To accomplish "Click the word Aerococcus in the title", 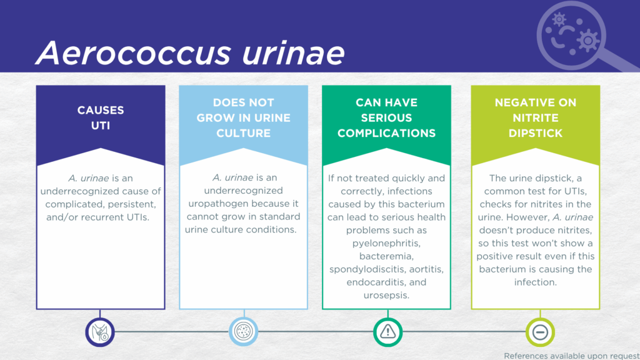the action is [134, 52].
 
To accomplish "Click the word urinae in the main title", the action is [294, 52].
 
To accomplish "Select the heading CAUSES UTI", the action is [101, 117].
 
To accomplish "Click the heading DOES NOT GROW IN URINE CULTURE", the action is [244, 117].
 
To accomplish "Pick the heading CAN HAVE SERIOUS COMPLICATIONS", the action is [386, 117].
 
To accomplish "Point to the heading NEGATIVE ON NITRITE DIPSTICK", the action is [536, 117].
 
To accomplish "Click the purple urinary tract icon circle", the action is [100, 332].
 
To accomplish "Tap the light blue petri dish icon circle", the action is [244, 331].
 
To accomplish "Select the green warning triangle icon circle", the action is [387, 332].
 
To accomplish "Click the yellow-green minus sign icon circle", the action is [540, 332].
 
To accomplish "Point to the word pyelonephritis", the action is [386, 244].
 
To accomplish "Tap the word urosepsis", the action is [386, 296].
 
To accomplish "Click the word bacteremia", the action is [386, 256].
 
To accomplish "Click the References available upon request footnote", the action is [572, 356].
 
